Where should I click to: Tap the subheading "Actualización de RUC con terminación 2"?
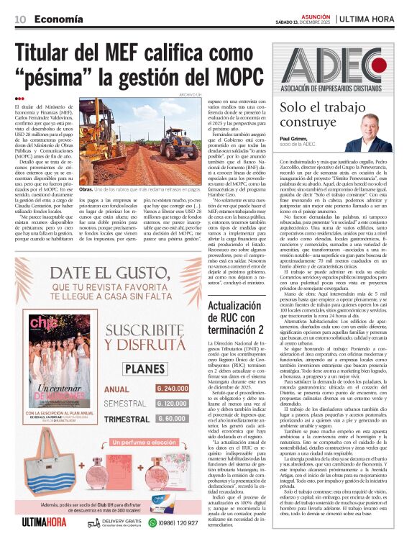tap(234, 314)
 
